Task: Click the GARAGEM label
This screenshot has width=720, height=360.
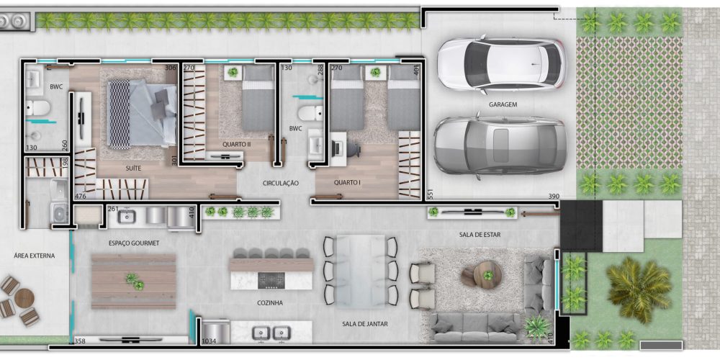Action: tap(503, 104)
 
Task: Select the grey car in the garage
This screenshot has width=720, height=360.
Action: tap(500, 146)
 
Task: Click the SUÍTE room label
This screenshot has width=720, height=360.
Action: tap(133, 168)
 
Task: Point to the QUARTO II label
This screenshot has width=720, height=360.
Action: tap(236, 144)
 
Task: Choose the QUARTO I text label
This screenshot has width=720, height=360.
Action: tap(347, 182)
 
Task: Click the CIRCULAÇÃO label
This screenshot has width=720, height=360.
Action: tap(281, 183)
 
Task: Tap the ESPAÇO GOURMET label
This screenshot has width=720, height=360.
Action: tap(134, 243)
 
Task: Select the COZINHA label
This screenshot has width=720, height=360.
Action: tap(270, 303)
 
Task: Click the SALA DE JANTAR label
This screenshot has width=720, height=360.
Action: tap(365, 324)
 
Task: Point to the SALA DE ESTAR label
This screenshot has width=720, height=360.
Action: tap(480, 235)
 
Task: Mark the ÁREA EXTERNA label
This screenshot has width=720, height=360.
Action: tap(35, 256)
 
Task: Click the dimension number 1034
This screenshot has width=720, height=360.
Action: tap(209, 341)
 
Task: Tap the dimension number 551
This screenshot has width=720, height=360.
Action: tap(431, 194)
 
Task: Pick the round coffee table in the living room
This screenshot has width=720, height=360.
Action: tap(487, 274)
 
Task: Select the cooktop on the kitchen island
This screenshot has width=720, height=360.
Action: tap(271, 280)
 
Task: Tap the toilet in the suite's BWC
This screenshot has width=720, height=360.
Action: tap(37, 108)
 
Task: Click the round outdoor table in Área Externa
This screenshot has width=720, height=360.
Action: tap(24, 298)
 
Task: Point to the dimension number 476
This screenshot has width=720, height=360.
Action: tap(81, 197)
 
